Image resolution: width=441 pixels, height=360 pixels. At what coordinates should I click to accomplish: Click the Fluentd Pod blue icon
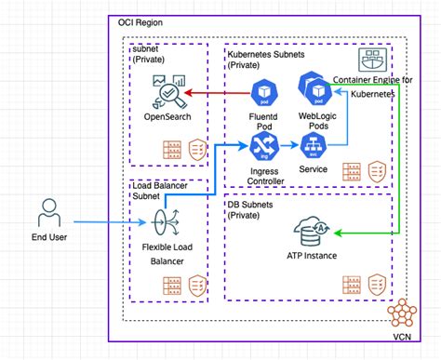click(x=262, y=92)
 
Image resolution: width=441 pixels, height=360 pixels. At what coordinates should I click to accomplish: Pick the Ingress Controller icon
click(x=261, y=144)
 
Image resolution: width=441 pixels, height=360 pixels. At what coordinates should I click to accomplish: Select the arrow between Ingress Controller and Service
click(x=286, y=145)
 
